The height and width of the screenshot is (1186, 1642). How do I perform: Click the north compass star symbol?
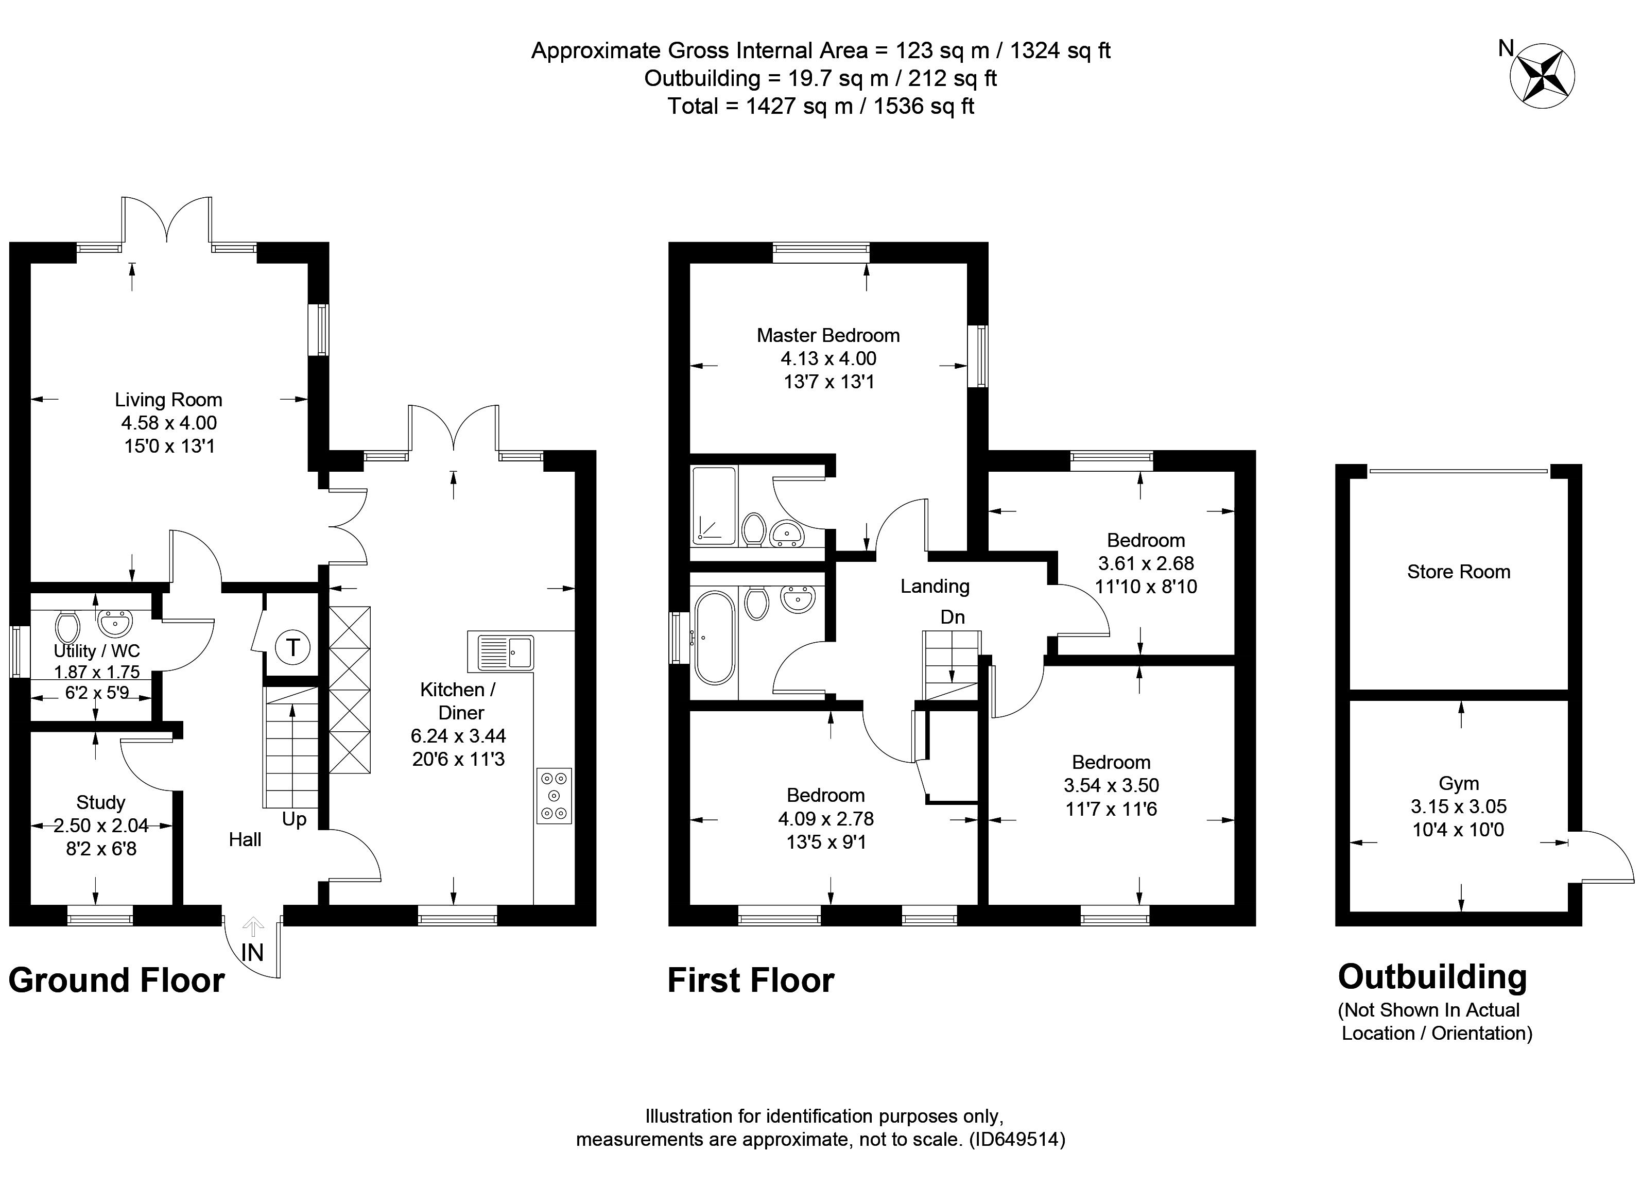pos(1543,75)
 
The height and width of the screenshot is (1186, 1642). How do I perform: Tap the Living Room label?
pos(169,400)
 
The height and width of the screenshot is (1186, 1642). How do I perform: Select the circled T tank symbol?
pos(293,647)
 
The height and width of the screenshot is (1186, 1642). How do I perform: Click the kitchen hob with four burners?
pos(555,796)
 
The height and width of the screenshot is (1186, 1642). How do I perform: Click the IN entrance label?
pos(252,953)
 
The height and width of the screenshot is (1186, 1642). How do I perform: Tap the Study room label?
pos(100,802)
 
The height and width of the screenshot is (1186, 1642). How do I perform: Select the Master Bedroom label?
pos(828,335)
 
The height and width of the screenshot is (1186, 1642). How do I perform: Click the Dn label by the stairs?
pos(953,617)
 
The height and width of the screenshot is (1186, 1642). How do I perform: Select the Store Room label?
pos(1459,572)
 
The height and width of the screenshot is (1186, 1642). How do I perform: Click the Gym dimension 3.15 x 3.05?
pos(1458,806)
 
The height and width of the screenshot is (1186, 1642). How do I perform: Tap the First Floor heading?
pos(751,981)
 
